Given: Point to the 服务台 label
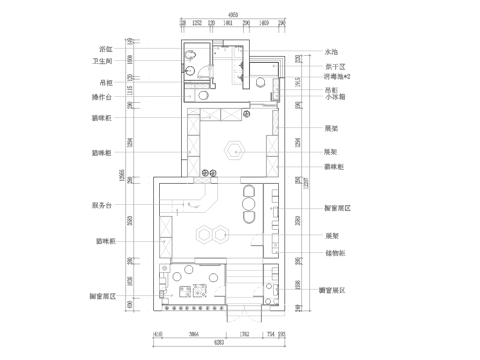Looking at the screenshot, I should tap(101, 204).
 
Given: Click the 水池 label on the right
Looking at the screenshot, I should tap(332, 51).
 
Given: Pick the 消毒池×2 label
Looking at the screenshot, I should tap(337, 76).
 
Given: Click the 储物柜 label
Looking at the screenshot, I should tap(335, 254).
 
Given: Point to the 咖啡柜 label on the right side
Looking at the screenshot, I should tap(335, 166).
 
